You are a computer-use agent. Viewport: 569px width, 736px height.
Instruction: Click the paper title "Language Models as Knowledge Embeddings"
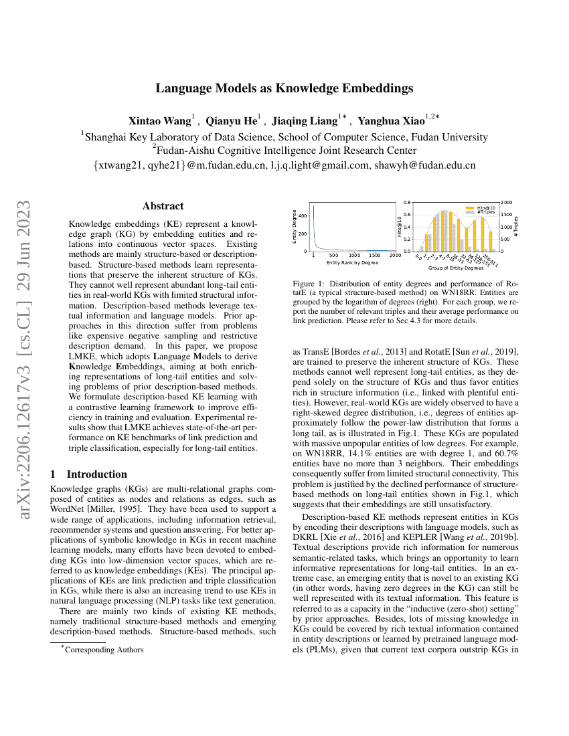pyautogui.click(x=284, y=88)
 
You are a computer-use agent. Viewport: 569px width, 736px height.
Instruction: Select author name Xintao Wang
pyautogui.click(x=159, y=121)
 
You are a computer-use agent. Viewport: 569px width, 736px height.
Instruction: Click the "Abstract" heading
pyautogui.click(x=163, y=206)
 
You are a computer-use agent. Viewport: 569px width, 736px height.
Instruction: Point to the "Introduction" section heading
pyautogui.click(x=96, y=474)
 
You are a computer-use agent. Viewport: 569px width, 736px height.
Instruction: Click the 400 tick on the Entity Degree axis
pyautogui.click(x=303, y=215)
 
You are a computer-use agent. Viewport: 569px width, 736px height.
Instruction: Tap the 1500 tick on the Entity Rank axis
pyautogui.click(x=374, y=256)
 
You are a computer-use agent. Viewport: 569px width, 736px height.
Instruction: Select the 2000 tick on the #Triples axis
pyautogui.click(x=507, y=201)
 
